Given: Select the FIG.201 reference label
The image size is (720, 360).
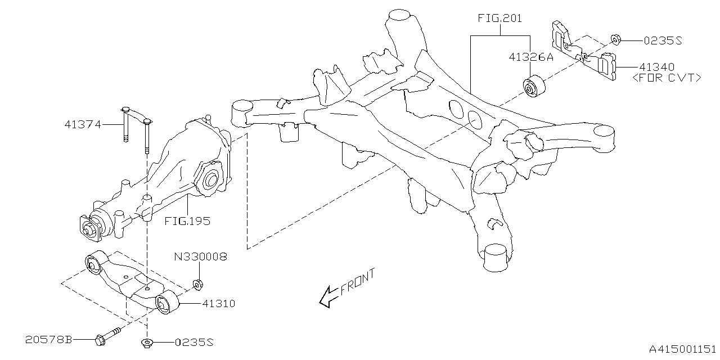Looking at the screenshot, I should coord(499,18).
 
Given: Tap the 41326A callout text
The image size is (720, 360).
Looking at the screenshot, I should coord(531,57).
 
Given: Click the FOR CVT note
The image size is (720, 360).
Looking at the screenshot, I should coord(667,78).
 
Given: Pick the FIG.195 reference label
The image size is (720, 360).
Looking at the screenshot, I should coord(187,221).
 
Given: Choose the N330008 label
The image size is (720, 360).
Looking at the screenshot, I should coord(200,257).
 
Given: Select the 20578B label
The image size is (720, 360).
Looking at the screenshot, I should coord(49,339).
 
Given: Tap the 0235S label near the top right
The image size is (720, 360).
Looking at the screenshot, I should coord(663,40).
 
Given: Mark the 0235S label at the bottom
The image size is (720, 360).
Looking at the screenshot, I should coord(194,342).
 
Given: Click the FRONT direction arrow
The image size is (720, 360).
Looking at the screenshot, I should coord(326,299).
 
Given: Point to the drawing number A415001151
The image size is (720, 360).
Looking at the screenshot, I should coord(682,349).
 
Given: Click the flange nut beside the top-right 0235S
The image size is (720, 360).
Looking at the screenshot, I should coord(615,40).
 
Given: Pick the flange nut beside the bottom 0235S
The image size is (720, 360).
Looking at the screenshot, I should coord(146,343).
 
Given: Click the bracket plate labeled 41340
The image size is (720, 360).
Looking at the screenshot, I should coord(585,54).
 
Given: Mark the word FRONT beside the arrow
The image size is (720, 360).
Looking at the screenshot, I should coord(357,282).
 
